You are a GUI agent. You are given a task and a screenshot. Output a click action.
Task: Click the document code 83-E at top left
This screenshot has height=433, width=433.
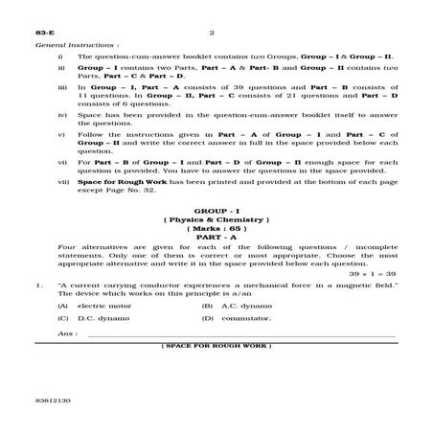(x=41, y=33)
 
